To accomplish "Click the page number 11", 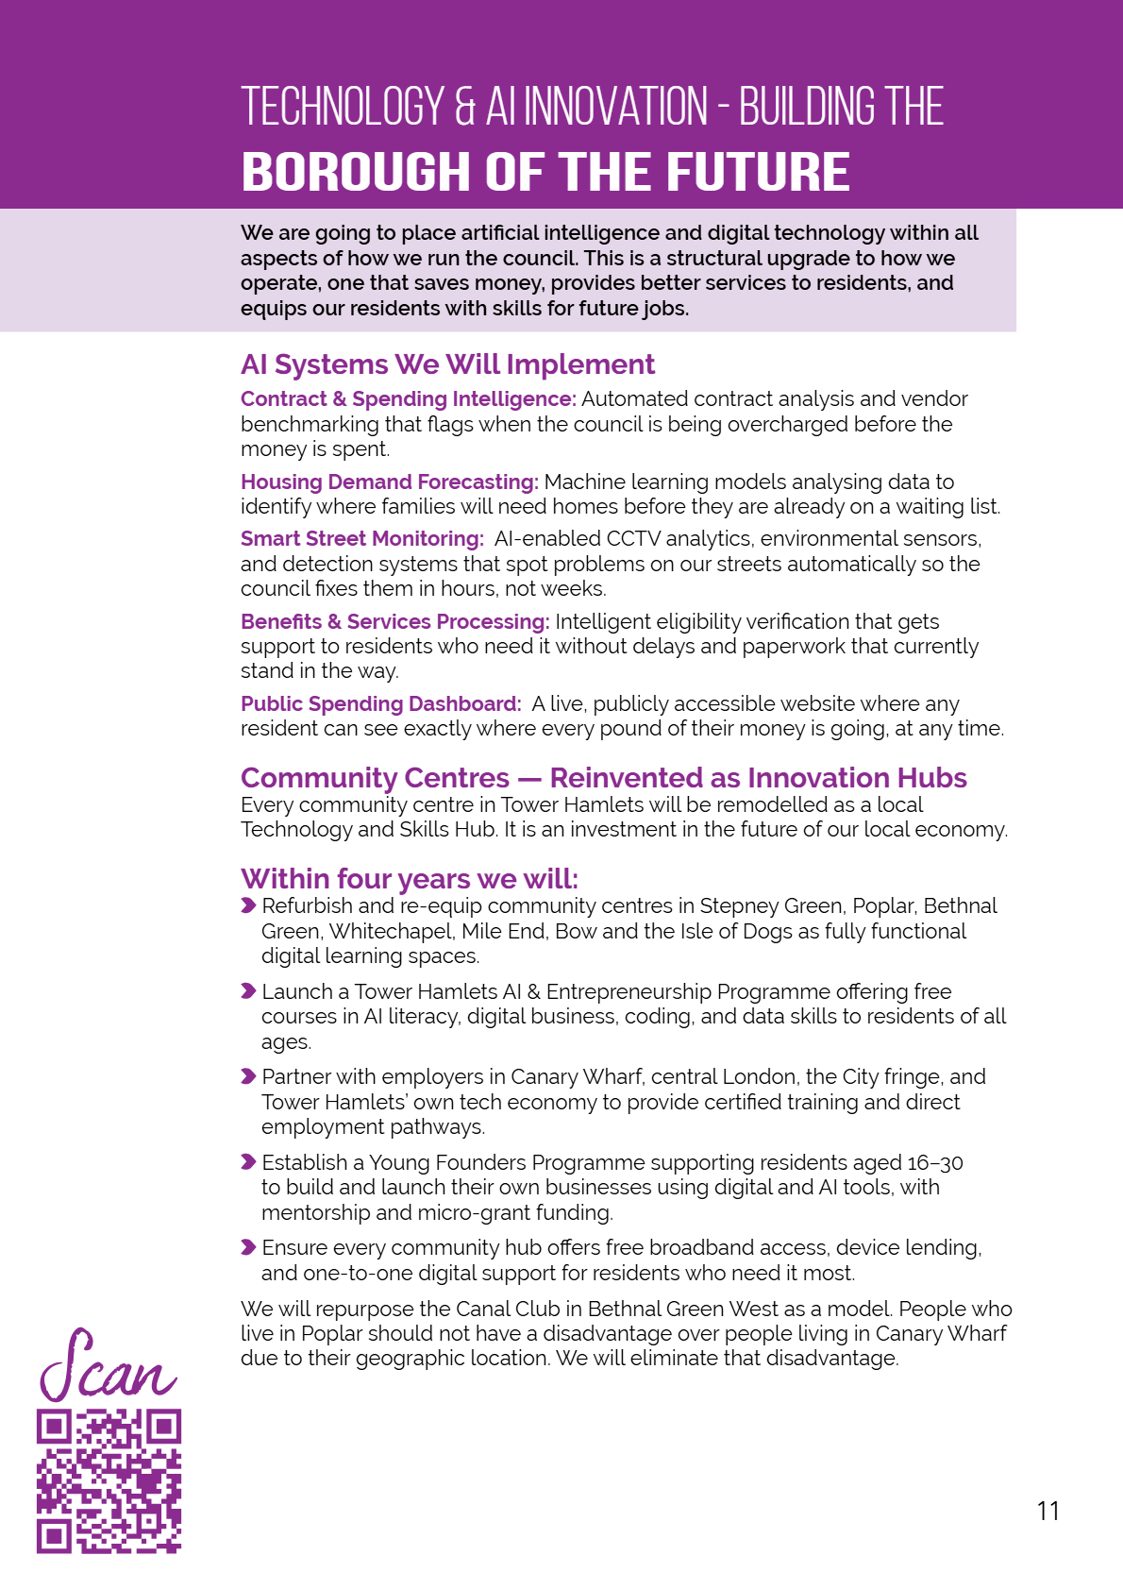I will click(x=1048, y=1511).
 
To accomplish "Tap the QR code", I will click(x=109, y=1480).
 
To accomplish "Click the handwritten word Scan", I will click(x=106, y=1367).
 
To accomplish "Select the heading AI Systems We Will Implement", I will click(x=447, y=364).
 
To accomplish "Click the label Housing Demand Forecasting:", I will click(x=389, y=482).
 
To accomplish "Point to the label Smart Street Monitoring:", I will click(x=361, y=538).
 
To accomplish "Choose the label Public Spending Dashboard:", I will click(x=380, y=703).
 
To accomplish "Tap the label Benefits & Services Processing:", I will click(x=394, y=621).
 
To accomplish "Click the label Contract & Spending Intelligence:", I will click(x=408, y=398).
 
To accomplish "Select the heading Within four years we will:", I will click(x=410, y=878).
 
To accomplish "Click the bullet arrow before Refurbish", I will click(x=248, y=906).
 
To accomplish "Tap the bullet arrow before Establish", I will click(x=248, y=1162).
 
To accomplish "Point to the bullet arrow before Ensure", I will click(x=248, y=1247).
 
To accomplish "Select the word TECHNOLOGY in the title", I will click(x=343, y=106).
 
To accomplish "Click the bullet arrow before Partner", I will click(x=248, y=1076).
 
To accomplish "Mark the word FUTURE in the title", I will click(x=758, y=172).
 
